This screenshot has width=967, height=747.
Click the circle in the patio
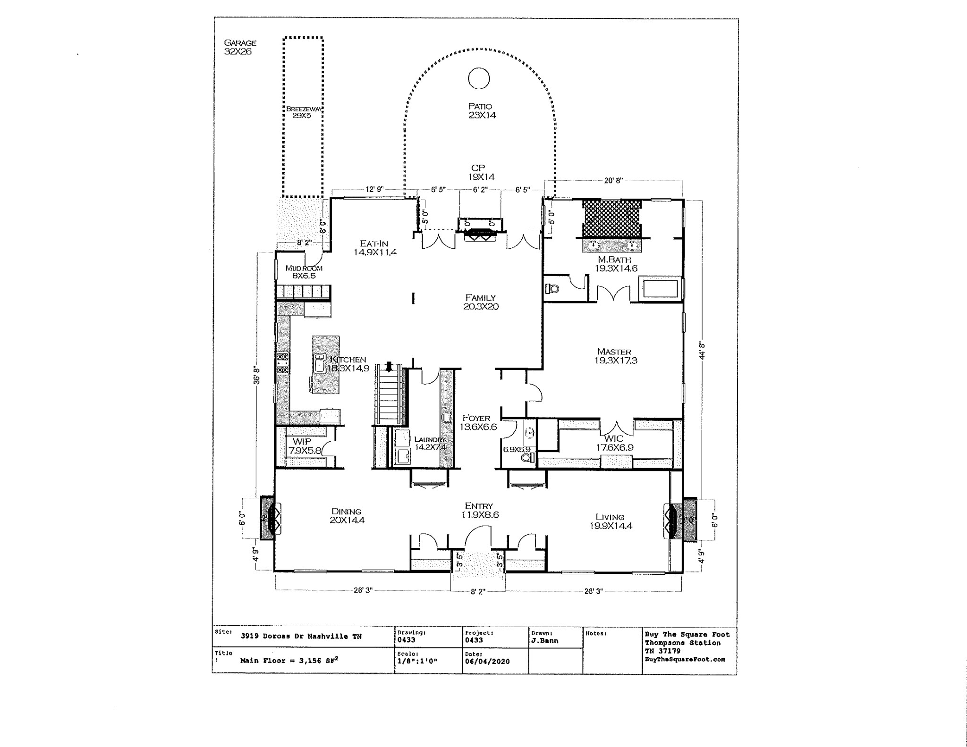point(479,78)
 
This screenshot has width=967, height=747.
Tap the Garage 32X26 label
point(240,47)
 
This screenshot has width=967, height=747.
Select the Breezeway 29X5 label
point(303,112)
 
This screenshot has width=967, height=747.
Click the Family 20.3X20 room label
point(481,302)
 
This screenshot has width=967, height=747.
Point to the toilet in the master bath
point(552,287)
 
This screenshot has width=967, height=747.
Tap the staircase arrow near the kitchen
point(389,367)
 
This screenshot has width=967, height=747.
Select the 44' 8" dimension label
point(703,351)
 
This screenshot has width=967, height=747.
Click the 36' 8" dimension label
point(256,375)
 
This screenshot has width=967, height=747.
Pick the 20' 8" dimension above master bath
point(613,180)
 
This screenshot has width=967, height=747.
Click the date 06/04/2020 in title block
point(487,662)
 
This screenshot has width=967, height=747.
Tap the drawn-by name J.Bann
point(544,640)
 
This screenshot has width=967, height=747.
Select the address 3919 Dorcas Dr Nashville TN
point(301,636)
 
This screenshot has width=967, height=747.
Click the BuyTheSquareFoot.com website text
point(685,660)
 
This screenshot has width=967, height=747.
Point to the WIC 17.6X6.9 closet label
point(614,443)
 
